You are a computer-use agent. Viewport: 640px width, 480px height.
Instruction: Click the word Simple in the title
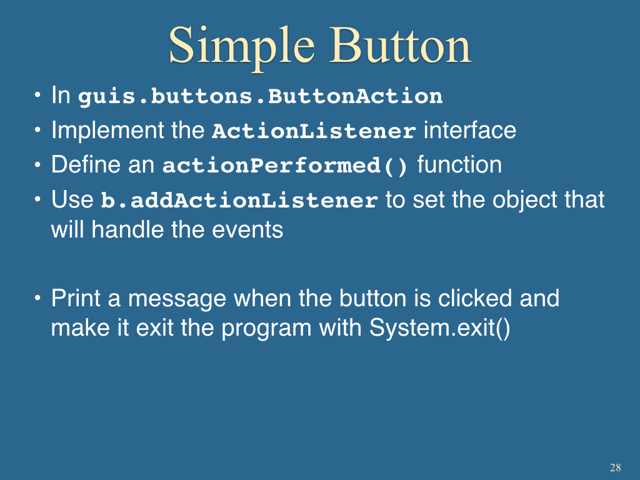click(242, 47)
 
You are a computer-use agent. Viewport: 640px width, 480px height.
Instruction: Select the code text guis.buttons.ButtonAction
click(261, 96)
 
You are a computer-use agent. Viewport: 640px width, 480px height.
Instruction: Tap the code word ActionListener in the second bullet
click(314, 131)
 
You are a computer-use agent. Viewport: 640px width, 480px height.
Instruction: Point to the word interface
click(470, 130)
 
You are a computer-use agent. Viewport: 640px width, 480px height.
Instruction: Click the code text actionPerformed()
click(285, 166)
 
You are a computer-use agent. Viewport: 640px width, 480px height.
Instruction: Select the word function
click(459, 164)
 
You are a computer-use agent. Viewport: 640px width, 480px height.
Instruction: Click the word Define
click(86, 164)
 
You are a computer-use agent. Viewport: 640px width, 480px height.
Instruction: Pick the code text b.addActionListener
click(239, 200)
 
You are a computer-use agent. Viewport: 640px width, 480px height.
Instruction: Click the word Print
click(76, 298)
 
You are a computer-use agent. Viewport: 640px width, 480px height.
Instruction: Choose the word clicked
click(475, 298)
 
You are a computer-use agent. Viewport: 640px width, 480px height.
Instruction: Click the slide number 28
click(616, 467)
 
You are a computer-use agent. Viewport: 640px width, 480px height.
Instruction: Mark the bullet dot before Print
click(37, 298)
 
